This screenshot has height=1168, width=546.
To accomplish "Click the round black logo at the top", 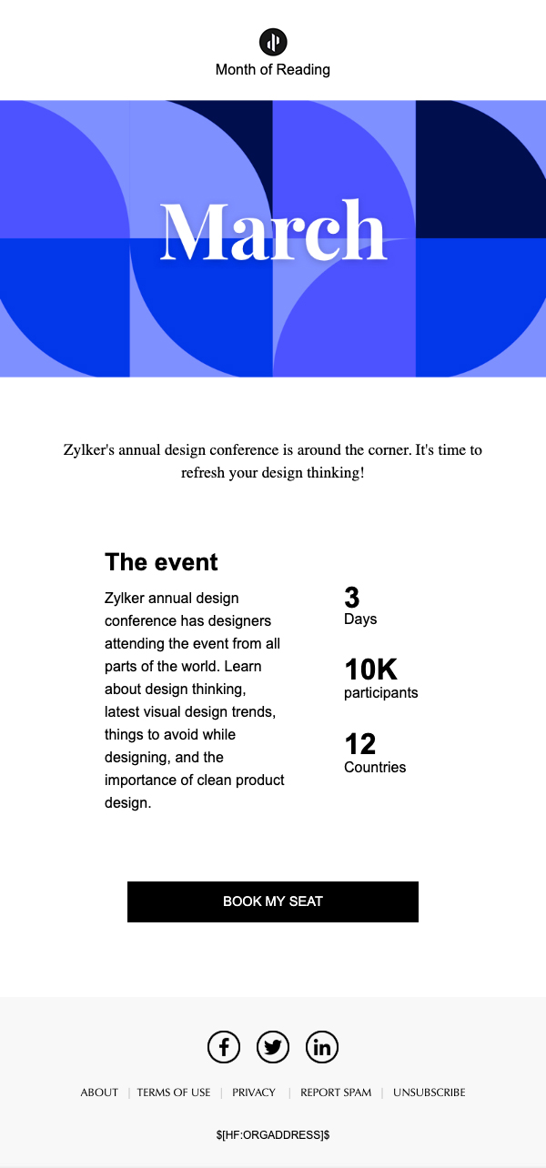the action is [x=273, y=42].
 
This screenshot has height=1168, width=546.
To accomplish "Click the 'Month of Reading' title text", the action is [x=273, y=69].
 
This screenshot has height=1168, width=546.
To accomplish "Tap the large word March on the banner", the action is [x=273, y=230].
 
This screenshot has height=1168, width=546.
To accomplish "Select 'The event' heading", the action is [x=161, y=562].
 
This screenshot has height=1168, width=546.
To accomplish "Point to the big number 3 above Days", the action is [x=352, y=597].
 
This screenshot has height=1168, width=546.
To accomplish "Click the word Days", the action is [x=360, y=619].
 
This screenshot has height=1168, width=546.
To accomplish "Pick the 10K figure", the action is [x=370, y=670].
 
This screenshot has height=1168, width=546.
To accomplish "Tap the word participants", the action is [x=381, y=693].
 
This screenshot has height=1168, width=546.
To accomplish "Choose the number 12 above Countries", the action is [x=359, y=744].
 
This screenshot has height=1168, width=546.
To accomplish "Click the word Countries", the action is [x=375, y=767].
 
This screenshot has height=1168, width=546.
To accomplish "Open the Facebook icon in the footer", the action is [x=224, y=1046].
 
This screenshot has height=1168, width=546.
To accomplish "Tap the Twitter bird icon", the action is [x=273, y=1046].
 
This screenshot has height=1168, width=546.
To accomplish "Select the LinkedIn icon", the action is [x=322, y=1046].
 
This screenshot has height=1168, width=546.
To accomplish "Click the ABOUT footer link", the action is [x=99, y=1092].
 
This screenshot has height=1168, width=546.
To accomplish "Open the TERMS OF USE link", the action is [x=174, y=1092].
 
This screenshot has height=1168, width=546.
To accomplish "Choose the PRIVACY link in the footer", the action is [x=254, y=1092].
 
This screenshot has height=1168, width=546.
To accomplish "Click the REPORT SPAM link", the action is [x=336, y=1092].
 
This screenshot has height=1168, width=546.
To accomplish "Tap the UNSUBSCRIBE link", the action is [x=430, y=1092].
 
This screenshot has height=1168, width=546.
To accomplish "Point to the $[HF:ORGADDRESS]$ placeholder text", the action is [x=273, y=1135].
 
